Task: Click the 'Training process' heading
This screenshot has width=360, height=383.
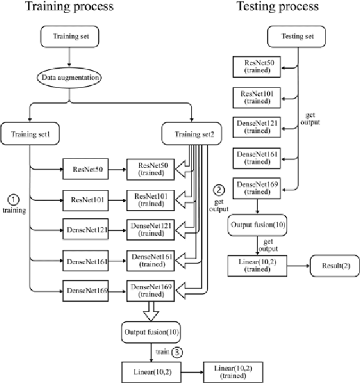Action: (x=69, y=7)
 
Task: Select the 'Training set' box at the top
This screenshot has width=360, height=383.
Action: (x=69, y=38)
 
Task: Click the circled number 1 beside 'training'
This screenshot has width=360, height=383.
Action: (x=14, y=200)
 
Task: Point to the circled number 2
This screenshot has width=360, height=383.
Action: (x=220, y=190)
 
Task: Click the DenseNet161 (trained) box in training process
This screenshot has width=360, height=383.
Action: (x=149, y=261)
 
